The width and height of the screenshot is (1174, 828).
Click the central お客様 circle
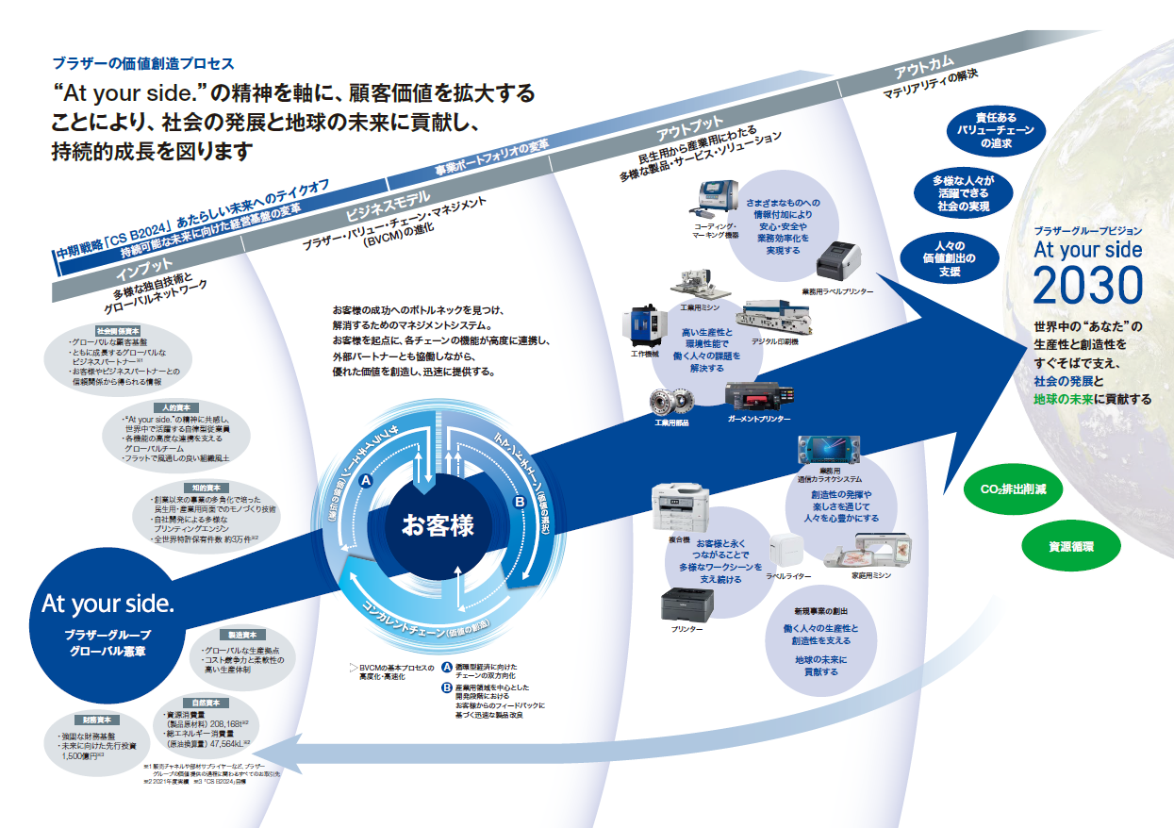click(x=438, y=524)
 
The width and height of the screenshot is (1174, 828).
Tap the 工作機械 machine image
click(x=640, y=328)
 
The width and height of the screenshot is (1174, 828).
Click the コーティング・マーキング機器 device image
click(x=719, y=199)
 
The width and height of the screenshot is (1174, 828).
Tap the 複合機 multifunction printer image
click(x=678, y=509)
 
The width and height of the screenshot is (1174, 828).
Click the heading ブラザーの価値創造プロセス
click(x=142, y=64)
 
